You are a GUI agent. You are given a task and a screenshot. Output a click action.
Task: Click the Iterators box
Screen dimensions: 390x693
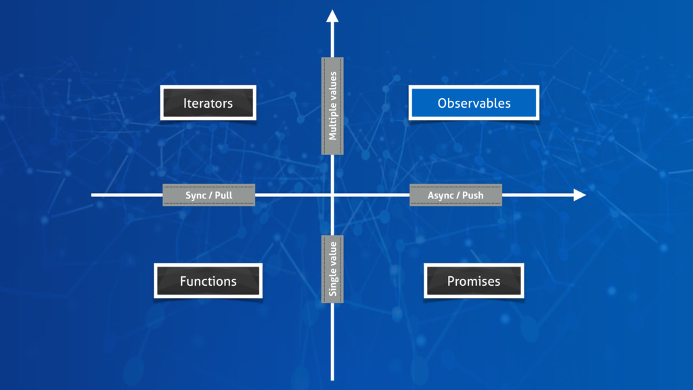(x=208, y=103)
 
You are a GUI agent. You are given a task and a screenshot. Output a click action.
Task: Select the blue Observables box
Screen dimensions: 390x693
(x=474, y=103)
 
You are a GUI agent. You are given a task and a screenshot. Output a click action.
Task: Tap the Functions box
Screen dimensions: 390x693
(x=208, y=281)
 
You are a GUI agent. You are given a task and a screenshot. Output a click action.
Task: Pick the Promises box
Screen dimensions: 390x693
(x=474, y=281)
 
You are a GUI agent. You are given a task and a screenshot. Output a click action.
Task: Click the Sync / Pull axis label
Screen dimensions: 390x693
(x=208, y=195)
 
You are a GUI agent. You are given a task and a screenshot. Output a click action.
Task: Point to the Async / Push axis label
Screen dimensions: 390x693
(x=455, y=195)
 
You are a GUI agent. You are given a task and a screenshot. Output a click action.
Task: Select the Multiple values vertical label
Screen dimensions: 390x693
(x=332, y=106)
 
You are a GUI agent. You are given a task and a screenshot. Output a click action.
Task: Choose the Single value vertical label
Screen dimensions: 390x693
(x=332, y=269)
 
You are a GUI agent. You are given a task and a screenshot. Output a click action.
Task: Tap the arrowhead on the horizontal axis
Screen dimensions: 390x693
(x=579, y=195)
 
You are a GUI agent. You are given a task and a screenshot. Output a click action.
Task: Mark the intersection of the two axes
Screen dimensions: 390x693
(x=332, y=195)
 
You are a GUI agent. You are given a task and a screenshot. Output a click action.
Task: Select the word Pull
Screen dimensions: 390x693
(x=223, y=195)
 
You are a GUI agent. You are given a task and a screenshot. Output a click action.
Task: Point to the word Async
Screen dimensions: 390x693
(x=441, y=195)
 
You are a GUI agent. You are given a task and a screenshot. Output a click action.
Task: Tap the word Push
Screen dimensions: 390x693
(x=473, y=195)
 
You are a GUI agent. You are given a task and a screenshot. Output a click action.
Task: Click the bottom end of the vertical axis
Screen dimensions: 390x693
(x=332, y=378)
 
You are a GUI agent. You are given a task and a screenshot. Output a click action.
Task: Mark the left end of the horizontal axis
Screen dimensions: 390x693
(x=93, y=195)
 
